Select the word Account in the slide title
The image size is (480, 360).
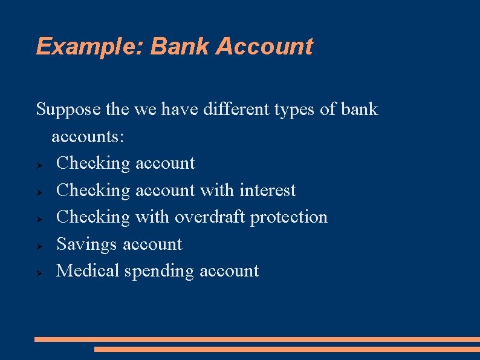pyautogui.click(x=264, y=47)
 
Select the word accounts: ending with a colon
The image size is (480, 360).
pyautogui.click(x=88, y=137)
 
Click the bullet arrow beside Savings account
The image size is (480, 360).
pyautogui.click(x=37, y=246)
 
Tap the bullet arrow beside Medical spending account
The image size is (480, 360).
pyautogui.click(x=37, y=272)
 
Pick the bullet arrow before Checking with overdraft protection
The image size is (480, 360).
pyautogui.click(x=37, y=218)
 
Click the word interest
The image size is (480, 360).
pyautogui.click(x=267, y=190)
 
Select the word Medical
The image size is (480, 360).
pyautogui.click(x=88, y=270)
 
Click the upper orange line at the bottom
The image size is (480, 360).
pyautogui.click(x=257, y=339)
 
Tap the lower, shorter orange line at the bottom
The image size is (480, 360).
pyautogui.click(x=287, y=349)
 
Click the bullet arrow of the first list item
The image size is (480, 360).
pyautogui.click(x=37, y=165)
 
